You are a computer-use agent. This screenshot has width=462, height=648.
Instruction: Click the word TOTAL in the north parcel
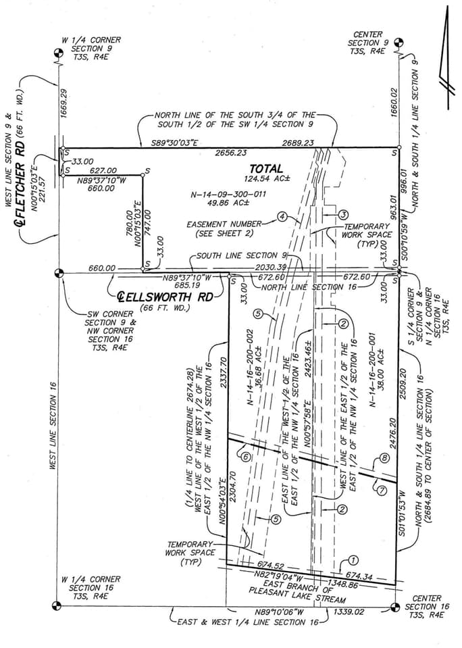click(x=266, y=168)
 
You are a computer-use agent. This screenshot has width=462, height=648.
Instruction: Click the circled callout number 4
click(x=282, y=218)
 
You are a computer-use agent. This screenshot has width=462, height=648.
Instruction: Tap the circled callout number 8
click(x=385, y=458)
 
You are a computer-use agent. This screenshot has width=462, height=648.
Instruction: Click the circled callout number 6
click(x=245, y=457)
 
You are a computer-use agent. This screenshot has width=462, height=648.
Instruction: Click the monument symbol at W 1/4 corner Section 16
click(x=58, y=605)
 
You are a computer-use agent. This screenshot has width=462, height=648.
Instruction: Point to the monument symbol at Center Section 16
click(x=396, y=605)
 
